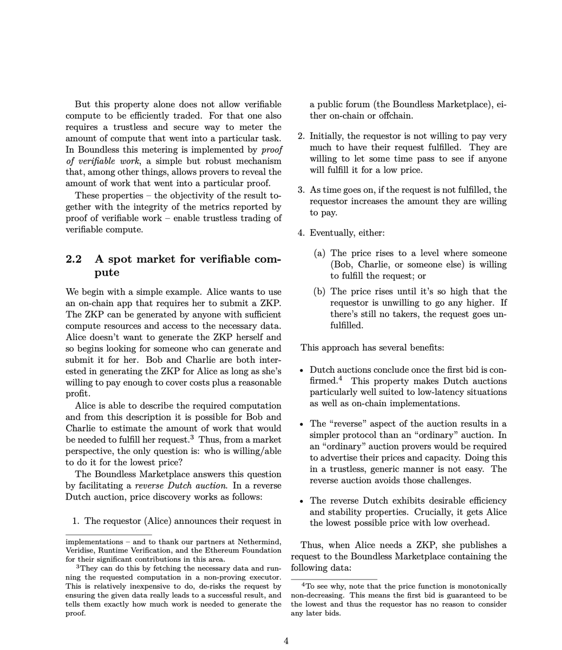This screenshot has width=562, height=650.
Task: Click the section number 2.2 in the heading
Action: click(x=74, y=259)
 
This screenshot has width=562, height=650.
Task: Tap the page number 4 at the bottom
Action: click(x=286, y=641)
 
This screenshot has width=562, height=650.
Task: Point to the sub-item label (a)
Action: click(x=321, y=253)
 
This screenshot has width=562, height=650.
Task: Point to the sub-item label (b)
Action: click(x=321, y=291)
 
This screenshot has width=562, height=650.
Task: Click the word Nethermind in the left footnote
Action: click(x=260, y=542)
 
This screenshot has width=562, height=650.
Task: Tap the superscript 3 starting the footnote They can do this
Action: click(x=79, y=567)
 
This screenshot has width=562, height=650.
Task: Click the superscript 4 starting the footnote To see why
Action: click(x=304, y=585)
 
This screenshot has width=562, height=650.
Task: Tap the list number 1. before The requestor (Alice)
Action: click(x=76, y=521)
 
